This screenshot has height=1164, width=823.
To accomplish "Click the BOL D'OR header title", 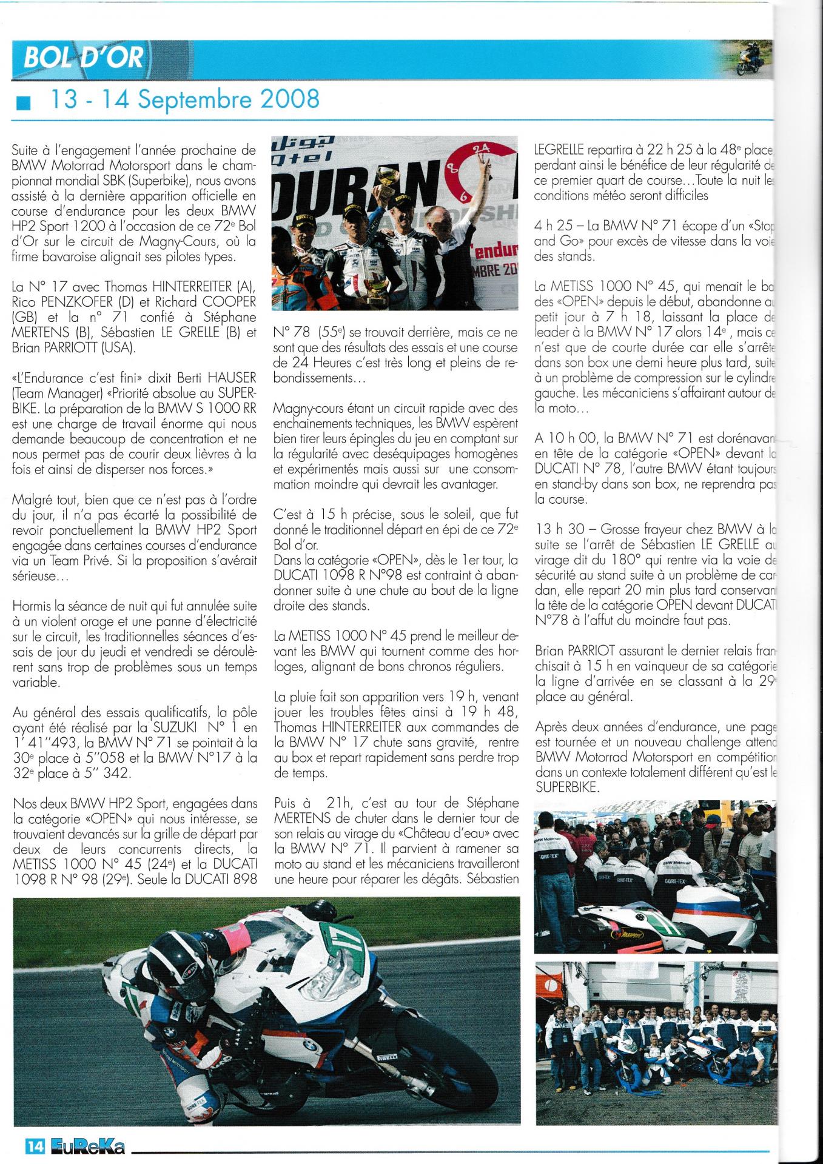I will point(84,58).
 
